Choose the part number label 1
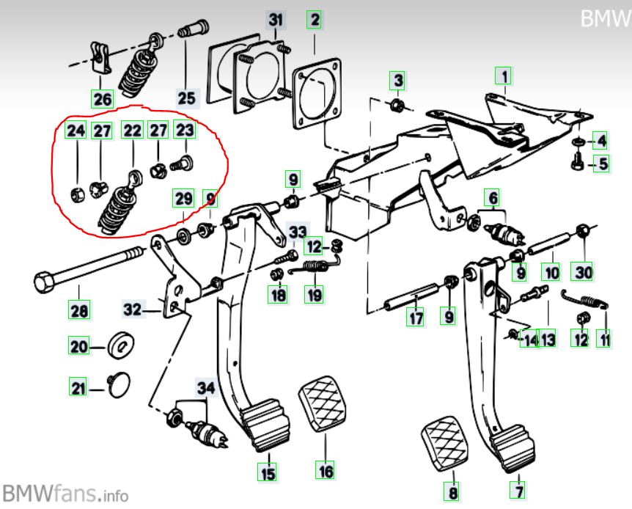click(x=504, y=75)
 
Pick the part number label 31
click(x=275, y=21)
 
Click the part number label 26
click(x=102, y=97)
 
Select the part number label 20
click(x=78, y=346)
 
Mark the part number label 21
click(x=78, y=387)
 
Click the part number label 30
click(x=583, y=272)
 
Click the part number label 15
click(x=269, y=474)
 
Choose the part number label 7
click(x=519, y=488)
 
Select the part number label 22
click(x=132, y=131)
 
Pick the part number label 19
click(x=315, y=295)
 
